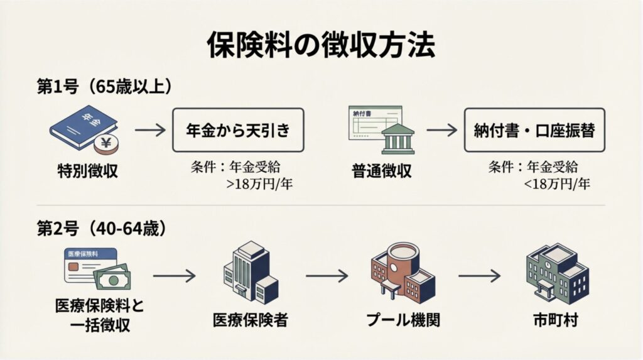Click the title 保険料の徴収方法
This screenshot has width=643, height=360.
[x=321, y=45]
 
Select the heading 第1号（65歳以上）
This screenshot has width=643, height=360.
[x=104, y=87]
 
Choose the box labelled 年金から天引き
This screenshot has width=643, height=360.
[x=238, y=131]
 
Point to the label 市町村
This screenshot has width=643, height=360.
[x=553, y=320]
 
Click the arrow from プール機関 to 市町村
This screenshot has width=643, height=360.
[x=479, y=275]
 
